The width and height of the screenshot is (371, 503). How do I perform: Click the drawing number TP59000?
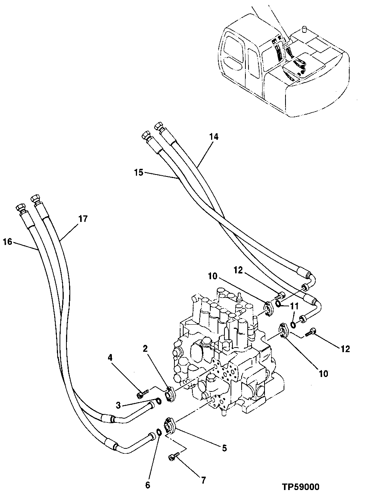point(300,487)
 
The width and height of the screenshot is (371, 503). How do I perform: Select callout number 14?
point(214,136)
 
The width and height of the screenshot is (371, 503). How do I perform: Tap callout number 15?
point(139,173)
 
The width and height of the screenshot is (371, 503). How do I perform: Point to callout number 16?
point(7,241)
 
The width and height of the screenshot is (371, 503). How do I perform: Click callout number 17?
point(83,219)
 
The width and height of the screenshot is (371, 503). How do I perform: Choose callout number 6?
point(148,485)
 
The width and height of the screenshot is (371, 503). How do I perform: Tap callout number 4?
point(110,358)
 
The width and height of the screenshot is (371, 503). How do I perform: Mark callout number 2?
point(145,348)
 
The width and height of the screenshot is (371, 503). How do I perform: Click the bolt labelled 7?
point(173,456)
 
